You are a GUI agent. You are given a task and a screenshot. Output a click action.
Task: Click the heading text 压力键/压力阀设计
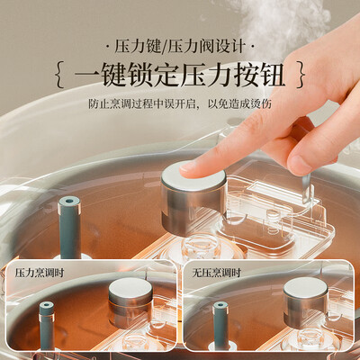coord(180,48)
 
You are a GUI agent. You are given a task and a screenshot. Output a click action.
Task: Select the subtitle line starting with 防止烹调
coord(180,103)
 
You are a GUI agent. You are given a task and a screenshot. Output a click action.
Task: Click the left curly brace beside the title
coord(60,76)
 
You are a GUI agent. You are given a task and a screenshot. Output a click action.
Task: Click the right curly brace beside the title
coord(301,75)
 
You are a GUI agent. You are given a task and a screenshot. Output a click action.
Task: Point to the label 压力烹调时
coord(40,273)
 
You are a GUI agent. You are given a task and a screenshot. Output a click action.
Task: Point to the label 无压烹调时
coord(217,273)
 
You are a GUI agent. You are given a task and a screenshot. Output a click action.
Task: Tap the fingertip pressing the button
coord(188,168)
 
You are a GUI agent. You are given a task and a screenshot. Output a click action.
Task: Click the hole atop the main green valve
coord(69,201)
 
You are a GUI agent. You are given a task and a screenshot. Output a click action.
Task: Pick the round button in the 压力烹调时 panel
coord(130,300)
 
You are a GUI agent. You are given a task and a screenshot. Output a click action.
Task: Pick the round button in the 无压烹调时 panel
coord(306,302)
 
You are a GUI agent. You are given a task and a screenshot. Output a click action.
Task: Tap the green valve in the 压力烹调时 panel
coord(47,326)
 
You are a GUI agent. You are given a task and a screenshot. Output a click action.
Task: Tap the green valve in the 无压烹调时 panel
coord(220,326)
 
